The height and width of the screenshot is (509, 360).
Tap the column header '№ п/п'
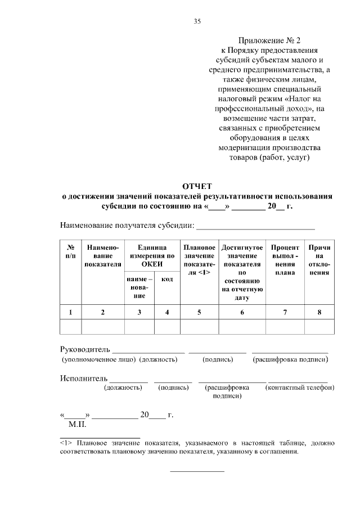point(71,251)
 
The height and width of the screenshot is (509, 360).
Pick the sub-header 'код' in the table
point(167,279)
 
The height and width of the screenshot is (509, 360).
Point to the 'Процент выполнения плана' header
point(285,260)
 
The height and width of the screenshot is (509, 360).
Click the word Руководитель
point(84,349)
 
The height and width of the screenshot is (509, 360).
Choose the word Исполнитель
point(83,377)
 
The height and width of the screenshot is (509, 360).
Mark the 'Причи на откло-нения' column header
point(319,260)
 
